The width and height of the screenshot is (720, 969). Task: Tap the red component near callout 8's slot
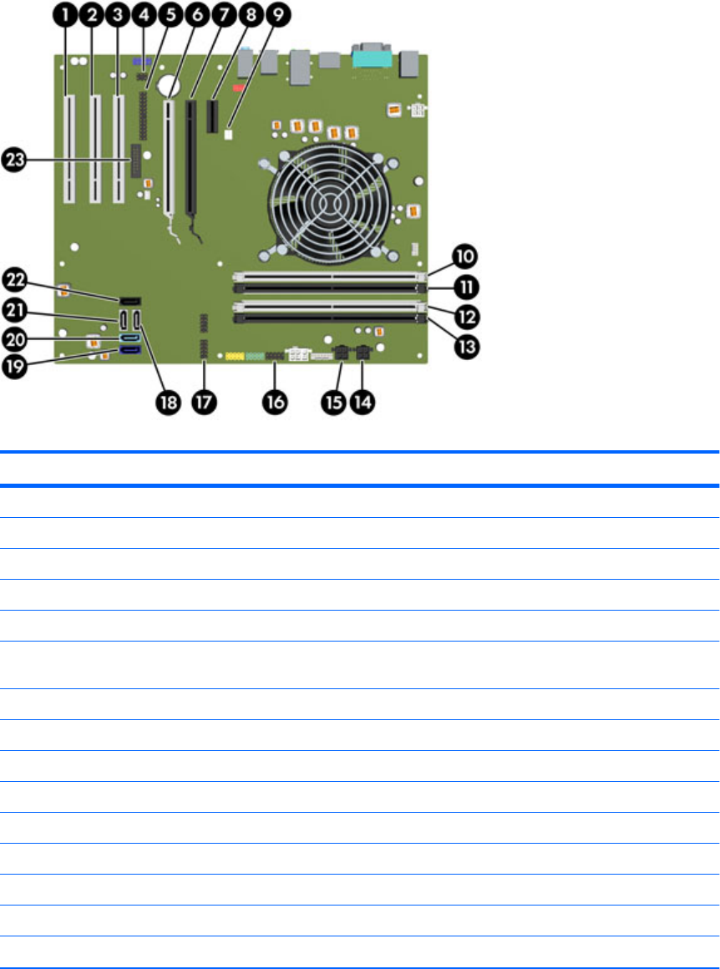239,86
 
